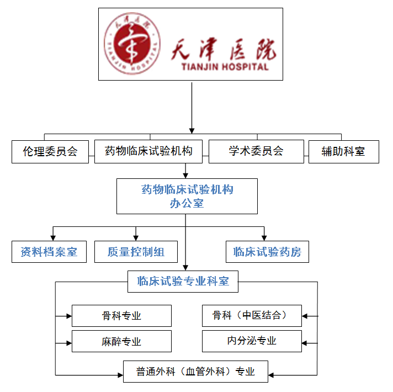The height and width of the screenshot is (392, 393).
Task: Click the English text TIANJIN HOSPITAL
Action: [x=225, y=67]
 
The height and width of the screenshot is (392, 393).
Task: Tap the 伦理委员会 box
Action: [x=50, y=151]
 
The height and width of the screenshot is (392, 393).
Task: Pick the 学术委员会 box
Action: [x=256, y=151]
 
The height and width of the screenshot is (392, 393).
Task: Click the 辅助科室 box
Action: [x=343, y=151]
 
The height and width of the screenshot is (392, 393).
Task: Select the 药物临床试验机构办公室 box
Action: [x=187, y=196]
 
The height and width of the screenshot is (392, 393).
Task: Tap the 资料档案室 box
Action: [x=49, y=252]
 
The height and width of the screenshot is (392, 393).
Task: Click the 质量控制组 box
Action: [x=136, y=252]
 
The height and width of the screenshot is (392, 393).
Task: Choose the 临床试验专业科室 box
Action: [x=183, y=281]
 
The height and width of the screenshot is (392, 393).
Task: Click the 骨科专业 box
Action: [x=121, y=316]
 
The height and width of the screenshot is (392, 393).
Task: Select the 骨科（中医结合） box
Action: [x=252, y=316]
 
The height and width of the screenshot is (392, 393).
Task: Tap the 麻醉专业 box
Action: [x=121, y=341]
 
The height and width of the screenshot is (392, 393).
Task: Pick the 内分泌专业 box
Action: [x=252, y=341]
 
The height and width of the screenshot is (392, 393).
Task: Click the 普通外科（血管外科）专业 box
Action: [x=195, y=372]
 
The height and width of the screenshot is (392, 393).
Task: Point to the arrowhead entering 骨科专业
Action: [x=68, y=316]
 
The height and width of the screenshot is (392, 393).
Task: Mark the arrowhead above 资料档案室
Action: [x=53, y=236]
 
